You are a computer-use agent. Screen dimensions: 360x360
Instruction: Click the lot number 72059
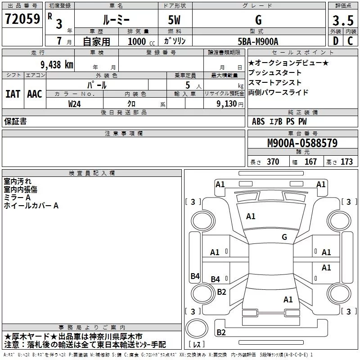pyautogui.click(x=22, y=19)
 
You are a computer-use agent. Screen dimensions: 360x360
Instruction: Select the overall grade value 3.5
pyautogui.click(x=343, y=21)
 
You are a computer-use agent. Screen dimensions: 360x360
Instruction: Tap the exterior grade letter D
pyautogui.click(x=335, y=41)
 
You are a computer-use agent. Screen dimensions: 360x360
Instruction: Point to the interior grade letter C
pyautogui.click(x=350, y=41)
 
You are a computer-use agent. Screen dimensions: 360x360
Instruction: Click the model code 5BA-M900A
pyautogui.click(x=258, y=41)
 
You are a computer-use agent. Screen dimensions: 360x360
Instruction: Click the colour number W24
pyautogui.click(x=75, y=103)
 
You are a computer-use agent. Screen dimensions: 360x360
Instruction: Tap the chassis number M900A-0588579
pyautogui.click(x=302, y=144)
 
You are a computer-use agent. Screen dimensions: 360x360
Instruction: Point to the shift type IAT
pyautogui.click(x=13, y=94)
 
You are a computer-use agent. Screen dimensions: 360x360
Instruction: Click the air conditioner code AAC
pyautogui.click(x=34, y=94)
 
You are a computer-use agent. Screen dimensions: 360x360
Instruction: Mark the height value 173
pyautogui.click(x=346, y=162)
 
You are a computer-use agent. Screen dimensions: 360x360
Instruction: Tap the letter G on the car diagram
pyautogui.click(x=284, y=237)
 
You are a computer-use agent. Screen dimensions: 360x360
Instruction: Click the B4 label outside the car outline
pyautogui.click(x=195, y=276)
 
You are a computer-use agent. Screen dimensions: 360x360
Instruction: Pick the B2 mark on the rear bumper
pyautogui.click(x=221, y=333)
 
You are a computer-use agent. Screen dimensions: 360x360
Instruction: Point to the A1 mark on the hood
pyautogui.click(x=251, y=216)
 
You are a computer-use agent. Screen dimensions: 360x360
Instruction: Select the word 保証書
pyautogui.click(x=15, y=121)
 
